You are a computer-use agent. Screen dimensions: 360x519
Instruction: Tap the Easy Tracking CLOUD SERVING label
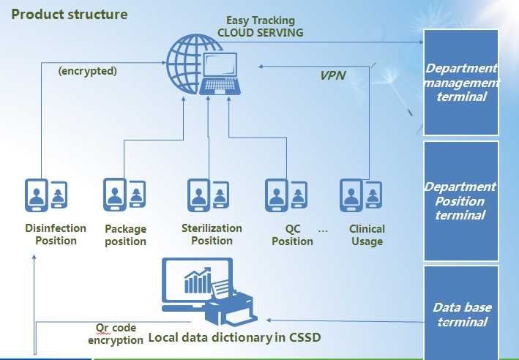click(260, 26)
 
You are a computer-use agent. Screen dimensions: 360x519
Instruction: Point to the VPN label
click(332, 75)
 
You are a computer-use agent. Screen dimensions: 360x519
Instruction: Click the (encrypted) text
click(88, 72)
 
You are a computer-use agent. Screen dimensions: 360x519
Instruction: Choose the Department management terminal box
click(460, 82)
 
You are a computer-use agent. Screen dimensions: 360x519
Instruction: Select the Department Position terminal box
click(460, 201)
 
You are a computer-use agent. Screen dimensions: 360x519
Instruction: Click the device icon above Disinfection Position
click(46, 196)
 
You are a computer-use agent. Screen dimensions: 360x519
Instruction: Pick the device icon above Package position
click(123, 194)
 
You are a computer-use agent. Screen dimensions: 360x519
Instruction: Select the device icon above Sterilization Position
click(206, 195)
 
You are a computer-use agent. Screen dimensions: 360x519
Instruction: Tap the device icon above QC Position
click(284, 195)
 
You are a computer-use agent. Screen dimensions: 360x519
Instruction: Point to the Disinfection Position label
click(56, 234)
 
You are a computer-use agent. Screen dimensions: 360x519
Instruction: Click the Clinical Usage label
click(366, 235)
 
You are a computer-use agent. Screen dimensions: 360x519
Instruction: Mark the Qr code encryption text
click(116, 334)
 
